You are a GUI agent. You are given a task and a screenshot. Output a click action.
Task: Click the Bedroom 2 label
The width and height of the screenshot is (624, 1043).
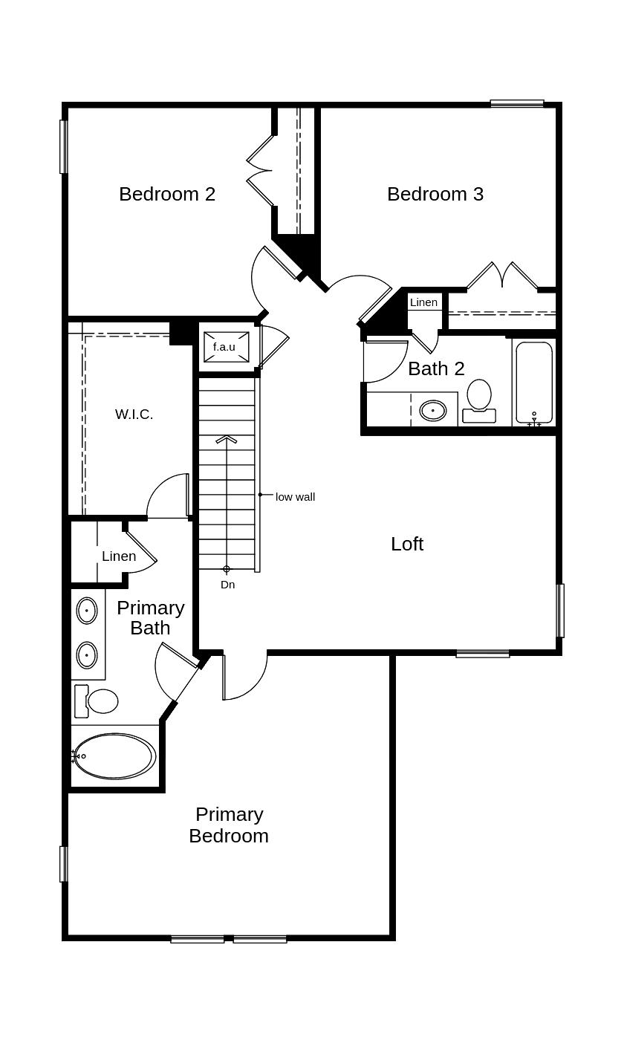[x=167, y=194]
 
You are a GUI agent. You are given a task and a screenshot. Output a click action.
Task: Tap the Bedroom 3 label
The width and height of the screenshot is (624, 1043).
[x=435, y=194]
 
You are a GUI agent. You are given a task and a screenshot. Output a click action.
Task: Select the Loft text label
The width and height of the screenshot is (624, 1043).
[x=407, y=544]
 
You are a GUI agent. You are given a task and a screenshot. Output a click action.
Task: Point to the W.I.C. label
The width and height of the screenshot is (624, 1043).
[x=134, y=415]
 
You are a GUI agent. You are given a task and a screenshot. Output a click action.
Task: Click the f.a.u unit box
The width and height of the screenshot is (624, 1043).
[x=226, y=347]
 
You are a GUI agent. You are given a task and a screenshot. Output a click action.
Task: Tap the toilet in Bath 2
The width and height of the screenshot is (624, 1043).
[x=479, y=400]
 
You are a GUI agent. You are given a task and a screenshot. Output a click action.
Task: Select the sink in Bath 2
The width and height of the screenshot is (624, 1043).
[x=433, y=410]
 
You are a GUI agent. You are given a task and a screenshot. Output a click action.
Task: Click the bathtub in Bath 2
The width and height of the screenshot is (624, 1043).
[x=534, y=382]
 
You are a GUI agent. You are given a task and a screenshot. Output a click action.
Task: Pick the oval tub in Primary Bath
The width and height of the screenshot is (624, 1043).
[x=114, y=756]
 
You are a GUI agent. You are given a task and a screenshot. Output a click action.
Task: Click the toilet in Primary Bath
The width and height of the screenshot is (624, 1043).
[x=98, y=701]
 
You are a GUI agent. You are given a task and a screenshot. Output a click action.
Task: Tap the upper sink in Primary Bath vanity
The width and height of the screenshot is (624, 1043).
[x=87, y=611]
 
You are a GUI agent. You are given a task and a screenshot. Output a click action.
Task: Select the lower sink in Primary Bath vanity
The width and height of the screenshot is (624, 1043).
[x=87, y=655]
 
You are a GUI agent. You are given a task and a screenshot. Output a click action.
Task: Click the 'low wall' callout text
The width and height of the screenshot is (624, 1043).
[x=295, y=497]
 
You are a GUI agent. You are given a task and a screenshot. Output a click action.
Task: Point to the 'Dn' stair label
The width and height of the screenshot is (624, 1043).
[x=227, y=585]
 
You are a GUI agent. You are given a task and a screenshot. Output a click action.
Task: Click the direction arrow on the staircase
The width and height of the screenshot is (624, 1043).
[x=227, y=440]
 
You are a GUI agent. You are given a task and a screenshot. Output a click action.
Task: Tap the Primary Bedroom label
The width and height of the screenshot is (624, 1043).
[x=229, y=825]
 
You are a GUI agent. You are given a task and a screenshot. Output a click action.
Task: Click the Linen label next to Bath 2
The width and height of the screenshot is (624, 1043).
[x=423, y=302]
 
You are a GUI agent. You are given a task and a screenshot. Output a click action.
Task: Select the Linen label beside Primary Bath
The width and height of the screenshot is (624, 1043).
[x=119, y=556]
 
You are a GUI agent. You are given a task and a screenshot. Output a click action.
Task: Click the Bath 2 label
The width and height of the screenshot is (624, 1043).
[x=436, y=368]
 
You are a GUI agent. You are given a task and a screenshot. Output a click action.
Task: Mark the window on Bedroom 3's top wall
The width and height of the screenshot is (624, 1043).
[x=517, y=103]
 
